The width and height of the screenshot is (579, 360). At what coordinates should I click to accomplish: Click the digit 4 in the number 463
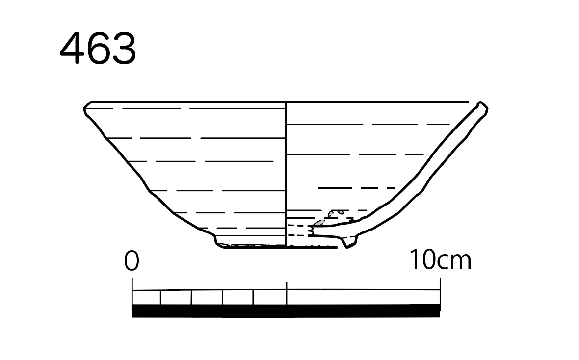[x=72, y=48]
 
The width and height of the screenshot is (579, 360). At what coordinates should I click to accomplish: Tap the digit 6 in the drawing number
[x=97, y=49]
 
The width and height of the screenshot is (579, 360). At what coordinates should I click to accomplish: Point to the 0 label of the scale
[x=132, y=260]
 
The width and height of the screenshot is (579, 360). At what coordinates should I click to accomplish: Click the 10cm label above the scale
[x=441, y=259]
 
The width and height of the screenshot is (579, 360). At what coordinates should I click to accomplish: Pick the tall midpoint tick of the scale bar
[x=287, y=293]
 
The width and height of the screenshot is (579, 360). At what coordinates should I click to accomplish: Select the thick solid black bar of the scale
[x=286, y=311]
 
